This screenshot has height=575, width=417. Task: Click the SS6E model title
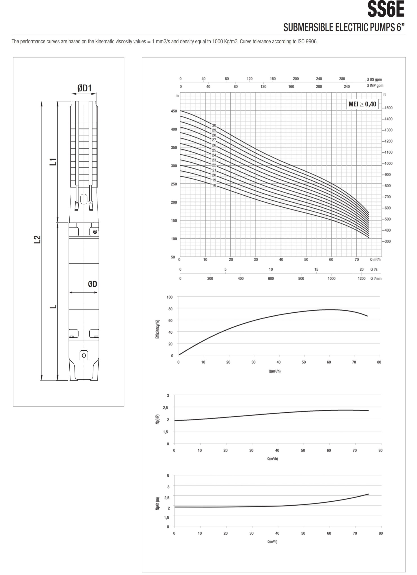point(386,9)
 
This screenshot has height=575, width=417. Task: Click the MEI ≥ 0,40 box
point(362,104)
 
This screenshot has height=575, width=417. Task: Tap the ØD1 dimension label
point(84,88)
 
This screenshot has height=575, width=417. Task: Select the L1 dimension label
point(53,161)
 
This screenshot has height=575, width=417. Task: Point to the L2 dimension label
point(37,239)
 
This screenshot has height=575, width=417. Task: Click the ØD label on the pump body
point(93,284)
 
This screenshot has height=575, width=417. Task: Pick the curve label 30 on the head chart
point(214,125)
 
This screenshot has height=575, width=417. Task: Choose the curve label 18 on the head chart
point(214,185)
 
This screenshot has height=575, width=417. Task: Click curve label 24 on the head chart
point(214,155)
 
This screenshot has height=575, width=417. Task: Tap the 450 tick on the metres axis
point(174,111)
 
